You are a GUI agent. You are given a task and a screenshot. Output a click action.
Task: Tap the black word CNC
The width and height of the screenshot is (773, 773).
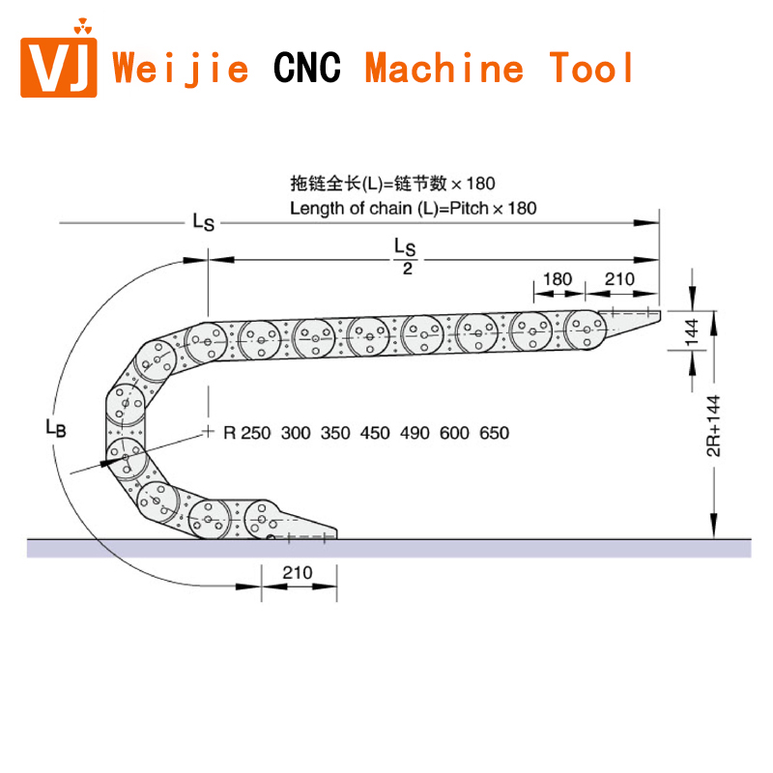tap(306, 68)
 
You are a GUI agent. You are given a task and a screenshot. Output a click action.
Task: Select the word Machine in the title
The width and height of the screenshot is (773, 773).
tap(444, 68)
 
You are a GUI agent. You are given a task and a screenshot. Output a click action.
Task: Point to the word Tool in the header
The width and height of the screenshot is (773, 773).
tap(592, 68)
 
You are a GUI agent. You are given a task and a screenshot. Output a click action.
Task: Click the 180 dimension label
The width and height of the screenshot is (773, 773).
tap(557, 279)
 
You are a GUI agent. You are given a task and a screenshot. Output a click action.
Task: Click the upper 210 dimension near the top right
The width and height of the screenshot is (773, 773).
tap(618, 279)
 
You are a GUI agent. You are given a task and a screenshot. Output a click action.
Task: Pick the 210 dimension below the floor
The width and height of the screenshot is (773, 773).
tap(298, 572)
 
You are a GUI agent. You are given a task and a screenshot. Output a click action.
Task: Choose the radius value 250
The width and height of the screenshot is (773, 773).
tap(256, 433)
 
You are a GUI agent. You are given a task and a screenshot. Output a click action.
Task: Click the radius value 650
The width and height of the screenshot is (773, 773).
tap(494, 433)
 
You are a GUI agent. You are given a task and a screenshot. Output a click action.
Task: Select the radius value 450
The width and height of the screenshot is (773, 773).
tap(375, 433)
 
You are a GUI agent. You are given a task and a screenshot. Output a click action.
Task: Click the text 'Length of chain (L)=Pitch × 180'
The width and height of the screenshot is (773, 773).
tap(414, 208)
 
